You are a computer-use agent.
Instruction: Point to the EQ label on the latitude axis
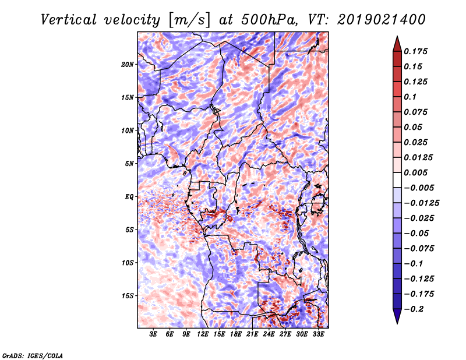(x=129, y=197)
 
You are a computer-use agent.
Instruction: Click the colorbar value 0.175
(x=417, y=51)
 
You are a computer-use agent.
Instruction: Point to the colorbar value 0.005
(x=417, y=172)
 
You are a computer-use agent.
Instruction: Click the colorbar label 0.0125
(x=419, y=157)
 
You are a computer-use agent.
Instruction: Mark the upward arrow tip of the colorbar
(x=397, y=38)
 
